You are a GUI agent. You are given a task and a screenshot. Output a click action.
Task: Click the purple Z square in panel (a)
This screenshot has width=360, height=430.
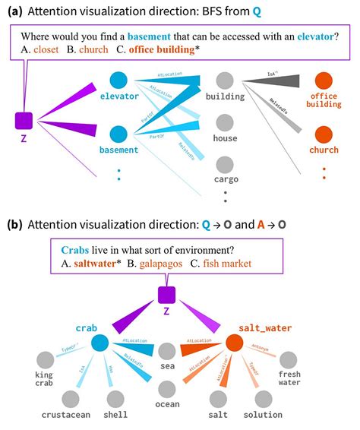tap(24, 120)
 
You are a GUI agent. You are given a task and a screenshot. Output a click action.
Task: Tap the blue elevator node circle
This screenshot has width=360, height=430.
tap(118, 80)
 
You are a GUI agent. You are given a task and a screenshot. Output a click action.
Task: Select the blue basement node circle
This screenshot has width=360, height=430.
tap(118, 134)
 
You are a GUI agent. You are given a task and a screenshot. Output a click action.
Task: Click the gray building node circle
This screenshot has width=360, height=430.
tap(224, 80)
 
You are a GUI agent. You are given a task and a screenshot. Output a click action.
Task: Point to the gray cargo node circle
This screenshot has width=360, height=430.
tap(224, 165)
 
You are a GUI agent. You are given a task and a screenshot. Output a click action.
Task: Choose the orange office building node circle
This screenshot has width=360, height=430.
tap(324, 80)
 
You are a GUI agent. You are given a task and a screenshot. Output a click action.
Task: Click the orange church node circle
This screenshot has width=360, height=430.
tap(324, 134)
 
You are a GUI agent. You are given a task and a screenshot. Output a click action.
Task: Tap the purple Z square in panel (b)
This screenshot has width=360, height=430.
tap(168, 294)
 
